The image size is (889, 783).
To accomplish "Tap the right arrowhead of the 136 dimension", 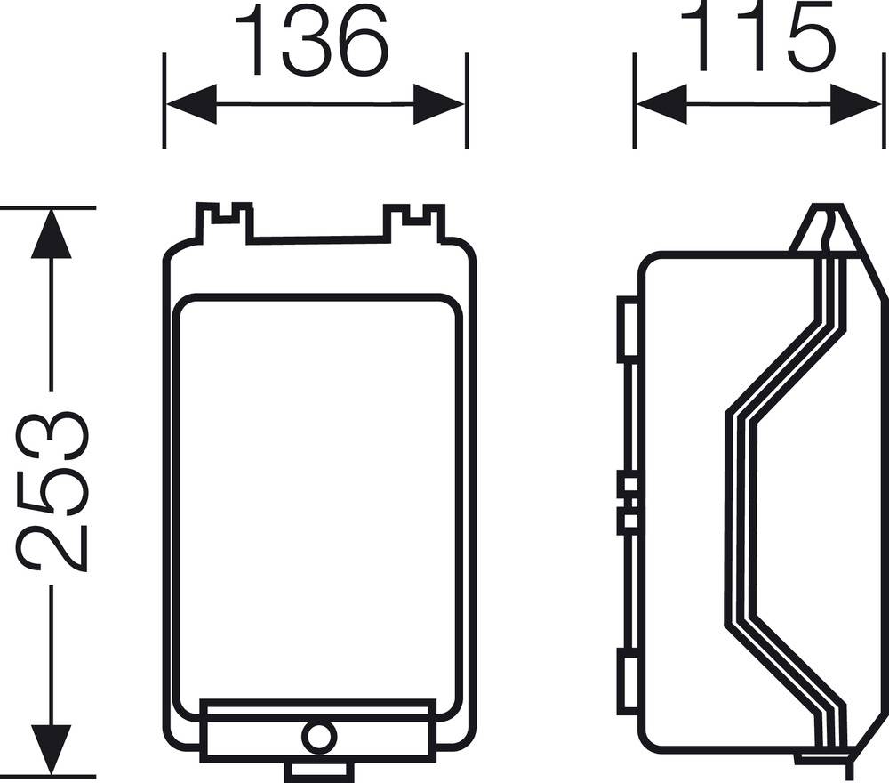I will [440, 105].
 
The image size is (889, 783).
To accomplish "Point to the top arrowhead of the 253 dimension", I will [51, 233].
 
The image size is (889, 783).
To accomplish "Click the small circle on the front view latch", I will [317, 737].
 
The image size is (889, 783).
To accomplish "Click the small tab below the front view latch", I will [317, 770].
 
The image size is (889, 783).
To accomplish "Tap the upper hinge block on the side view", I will [628, 329].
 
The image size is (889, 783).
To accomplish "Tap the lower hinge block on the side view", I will [628, 682].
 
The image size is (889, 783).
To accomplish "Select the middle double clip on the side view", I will [628, 504].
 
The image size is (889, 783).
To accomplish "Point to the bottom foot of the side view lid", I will [822, 759].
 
